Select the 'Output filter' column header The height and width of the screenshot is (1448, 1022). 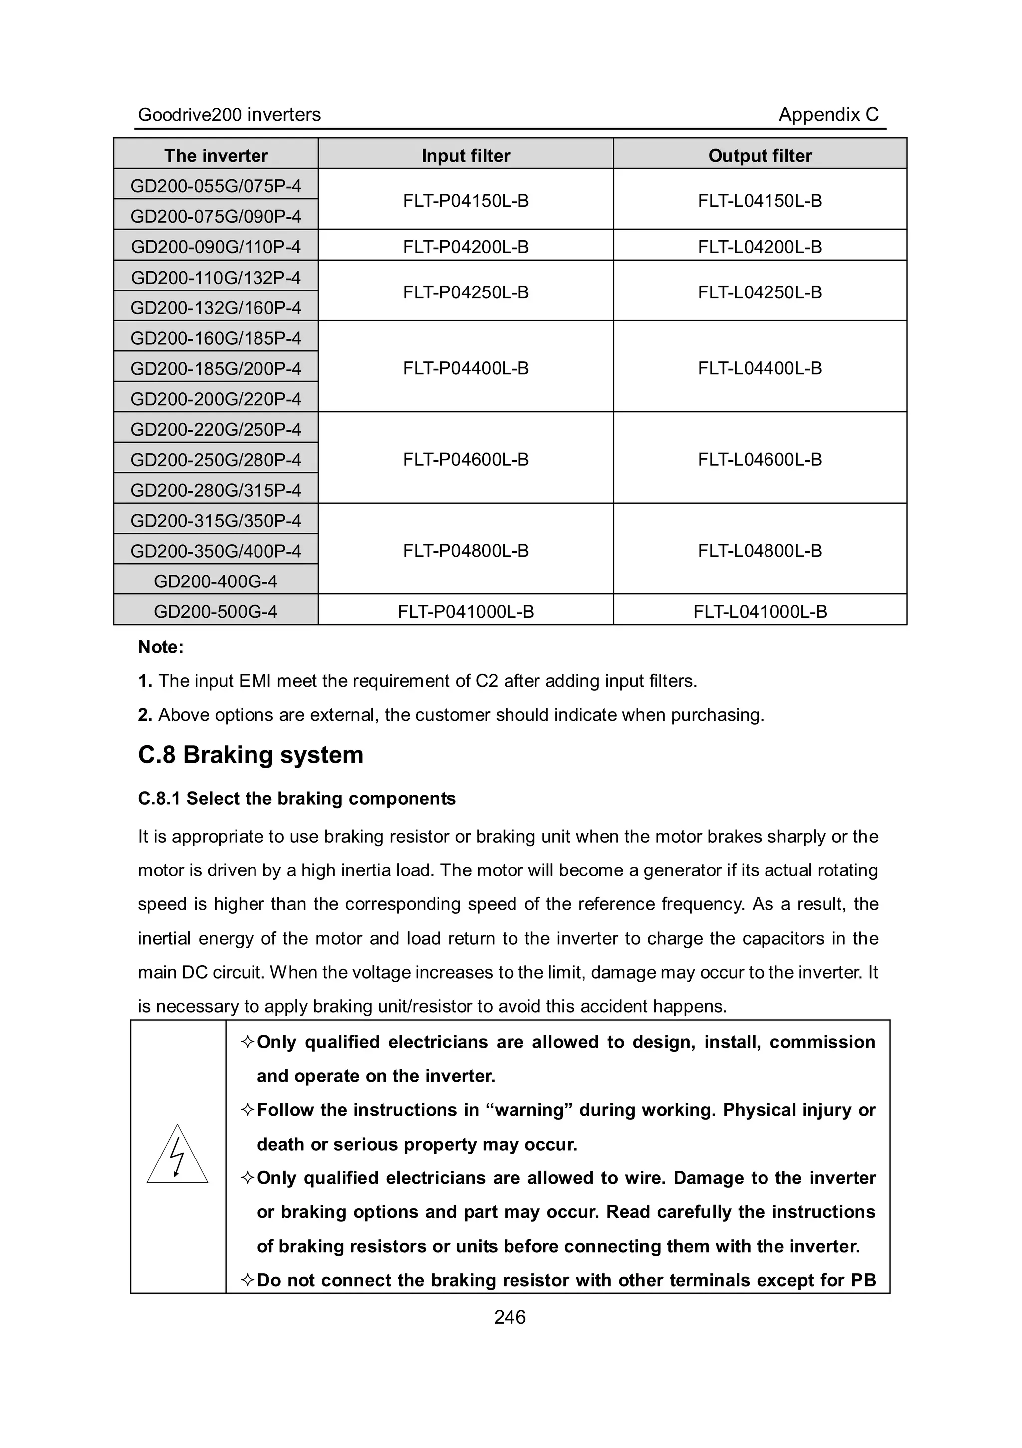point(760,155)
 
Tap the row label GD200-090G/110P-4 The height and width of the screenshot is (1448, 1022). point(216,247)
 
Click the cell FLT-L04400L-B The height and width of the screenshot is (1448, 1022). point(760,368)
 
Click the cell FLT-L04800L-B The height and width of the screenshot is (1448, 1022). point(760,551)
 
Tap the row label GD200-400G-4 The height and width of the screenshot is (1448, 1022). point(216,581)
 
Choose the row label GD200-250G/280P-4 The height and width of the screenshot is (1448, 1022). point(216,460)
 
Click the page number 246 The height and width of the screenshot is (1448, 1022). point(510,1317)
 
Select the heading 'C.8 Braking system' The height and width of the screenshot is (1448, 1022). point(251,755)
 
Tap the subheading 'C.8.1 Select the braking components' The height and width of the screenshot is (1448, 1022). point(296,799)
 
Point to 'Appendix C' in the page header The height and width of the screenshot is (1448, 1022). point(828,115)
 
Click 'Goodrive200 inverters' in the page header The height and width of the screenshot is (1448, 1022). point(229,115)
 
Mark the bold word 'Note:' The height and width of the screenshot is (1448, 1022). point(161,647)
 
